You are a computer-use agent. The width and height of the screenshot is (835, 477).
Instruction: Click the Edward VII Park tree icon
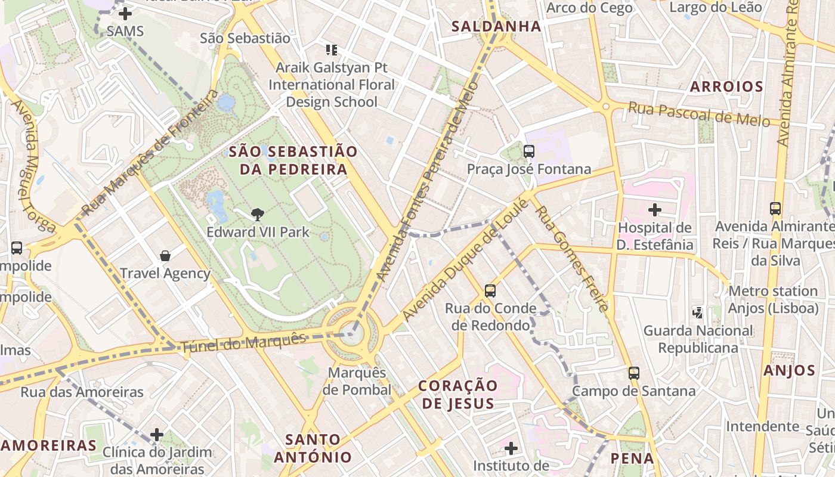pos(258,214)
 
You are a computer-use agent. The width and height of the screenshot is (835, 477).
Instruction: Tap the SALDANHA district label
pos(496,26)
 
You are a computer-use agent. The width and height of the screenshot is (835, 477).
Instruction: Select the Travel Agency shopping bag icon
pos(165,256)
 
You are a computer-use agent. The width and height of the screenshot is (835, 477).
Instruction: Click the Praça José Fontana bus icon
pos(529,151)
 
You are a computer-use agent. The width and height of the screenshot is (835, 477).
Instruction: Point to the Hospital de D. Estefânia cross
pos(655,210)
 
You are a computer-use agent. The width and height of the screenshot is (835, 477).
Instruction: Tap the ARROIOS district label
pos(726,86)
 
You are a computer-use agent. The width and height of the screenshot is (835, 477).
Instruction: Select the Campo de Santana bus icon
pos(634,373)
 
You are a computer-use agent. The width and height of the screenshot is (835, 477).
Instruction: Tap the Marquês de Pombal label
pos(357,382)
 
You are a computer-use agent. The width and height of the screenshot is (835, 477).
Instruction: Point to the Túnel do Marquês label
pos(243,342)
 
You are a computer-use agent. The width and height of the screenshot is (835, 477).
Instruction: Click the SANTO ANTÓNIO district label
pos(313,448)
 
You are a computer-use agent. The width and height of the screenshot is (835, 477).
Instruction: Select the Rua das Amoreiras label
pos(82,392)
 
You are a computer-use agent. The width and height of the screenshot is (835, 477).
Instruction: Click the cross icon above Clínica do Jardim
pos(157,435)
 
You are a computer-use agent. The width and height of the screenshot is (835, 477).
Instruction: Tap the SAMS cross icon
pos(125,13)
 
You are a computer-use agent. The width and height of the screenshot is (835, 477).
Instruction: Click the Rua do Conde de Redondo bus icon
pos(490,291)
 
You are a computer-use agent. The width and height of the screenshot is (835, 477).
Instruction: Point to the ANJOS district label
pos(789,370)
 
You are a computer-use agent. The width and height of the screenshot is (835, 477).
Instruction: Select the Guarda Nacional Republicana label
pos(698,339)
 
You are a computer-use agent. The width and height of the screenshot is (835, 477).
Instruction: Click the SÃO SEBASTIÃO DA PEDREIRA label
pos(293,160)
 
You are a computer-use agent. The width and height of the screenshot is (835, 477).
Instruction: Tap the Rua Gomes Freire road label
pos(573,253)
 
